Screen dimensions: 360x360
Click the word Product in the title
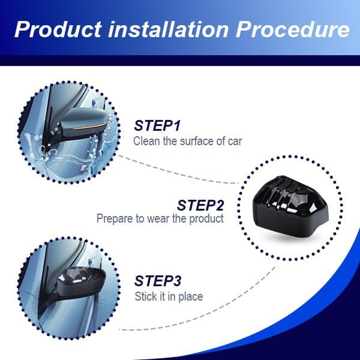(x=57, y=29)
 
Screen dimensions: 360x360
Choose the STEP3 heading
(x=157, y=281)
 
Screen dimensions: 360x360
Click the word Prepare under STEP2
(x=114, y=219)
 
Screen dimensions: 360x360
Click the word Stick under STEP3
(x=145, y=297)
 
